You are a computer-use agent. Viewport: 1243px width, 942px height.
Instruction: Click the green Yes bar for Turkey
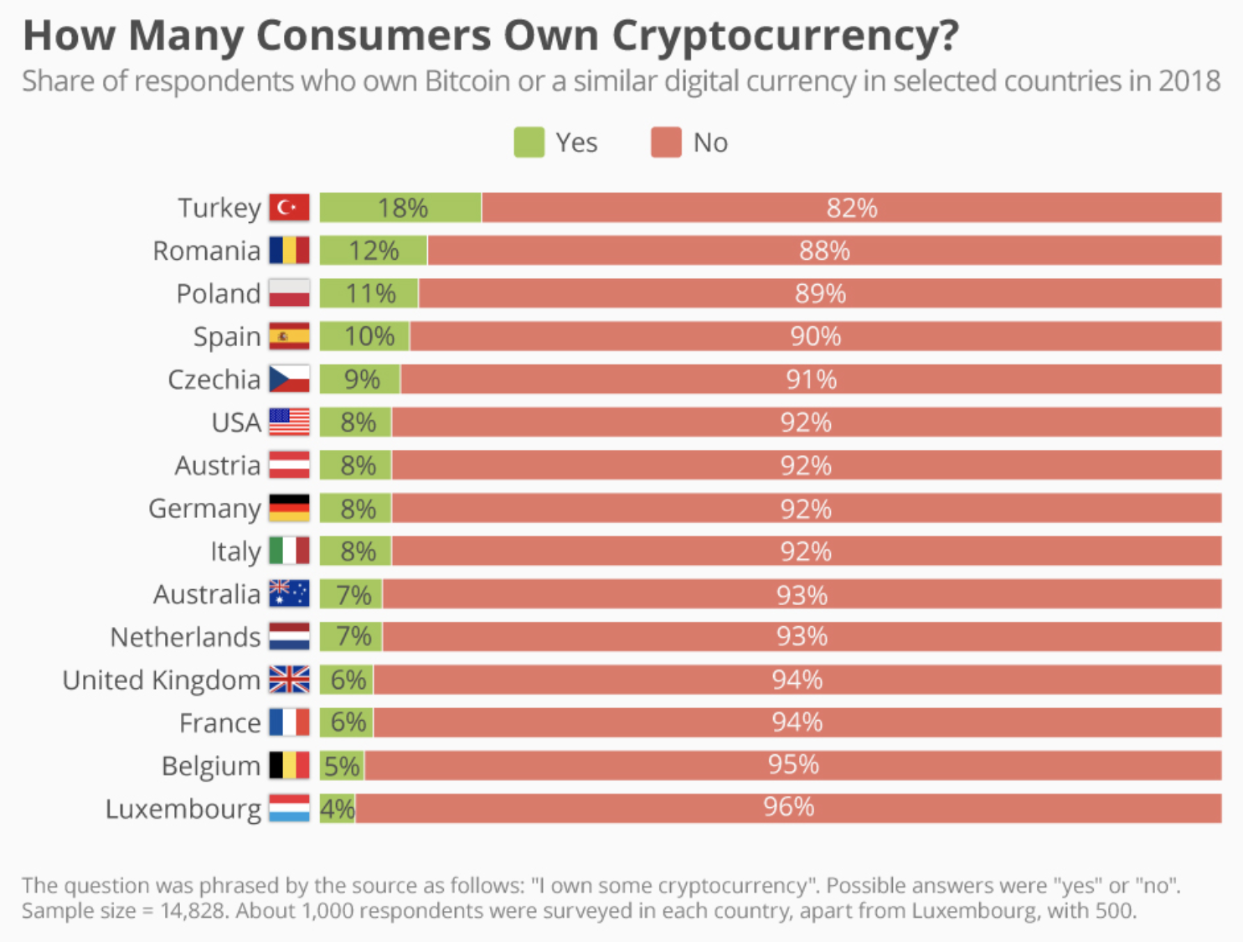pyautogui.click(x=400, y=208)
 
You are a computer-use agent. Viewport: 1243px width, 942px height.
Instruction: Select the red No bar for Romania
pyautogui.click(x=824, y=251)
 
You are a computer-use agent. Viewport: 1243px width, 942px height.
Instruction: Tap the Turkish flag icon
pyautogui.click(x=289, y=208)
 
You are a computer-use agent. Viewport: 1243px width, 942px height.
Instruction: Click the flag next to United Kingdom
pyautogui.click(x=289, y=680)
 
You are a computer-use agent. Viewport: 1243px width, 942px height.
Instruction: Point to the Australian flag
pyautogui.click(x=289, y=594)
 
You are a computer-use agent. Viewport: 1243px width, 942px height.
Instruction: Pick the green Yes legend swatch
pyautogui.click(x=529, y=142)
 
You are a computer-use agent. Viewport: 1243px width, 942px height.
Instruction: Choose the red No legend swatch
pyautogui.click(x=666, y=142)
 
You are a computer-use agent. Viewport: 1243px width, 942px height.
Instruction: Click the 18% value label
pyautogui.click(x=402, y=208)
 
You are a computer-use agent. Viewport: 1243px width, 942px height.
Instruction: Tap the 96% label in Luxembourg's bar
pyautogui.click(x=788, y=807)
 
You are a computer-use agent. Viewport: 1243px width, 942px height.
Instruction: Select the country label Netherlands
pyautogui.click(x=185, y=638)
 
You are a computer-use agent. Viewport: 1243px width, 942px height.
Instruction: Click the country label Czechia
pyautogui.click(x=214, y=380)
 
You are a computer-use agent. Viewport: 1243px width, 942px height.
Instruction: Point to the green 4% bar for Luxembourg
pyautogui.click(x=338, y=809)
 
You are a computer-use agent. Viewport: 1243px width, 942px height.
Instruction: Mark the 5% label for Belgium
pyautogui.click(x=342, y=766)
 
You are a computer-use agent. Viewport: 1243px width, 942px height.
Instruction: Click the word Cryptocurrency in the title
pyautogui.click(x=785, y=36)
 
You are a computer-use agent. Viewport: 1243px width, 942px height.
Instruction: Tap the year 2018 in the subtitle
pyautogui.click(x=1189, y=81)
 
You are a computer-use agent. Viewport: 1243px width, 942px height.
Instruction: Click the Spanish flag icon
pyautogui.click(x=289, y=337)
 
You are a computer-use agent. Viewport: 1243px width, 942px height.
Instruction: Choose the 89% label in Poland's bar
pyautogui.click(x=820, y=294)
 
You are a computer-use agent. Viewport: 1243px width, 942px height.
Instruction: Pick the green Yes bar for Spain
pyautogui.click(x=364, y=337)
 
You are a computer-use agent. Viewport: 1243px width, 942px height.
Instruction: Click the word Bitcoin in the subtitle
pyautogui.click(x=467, y=81)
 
